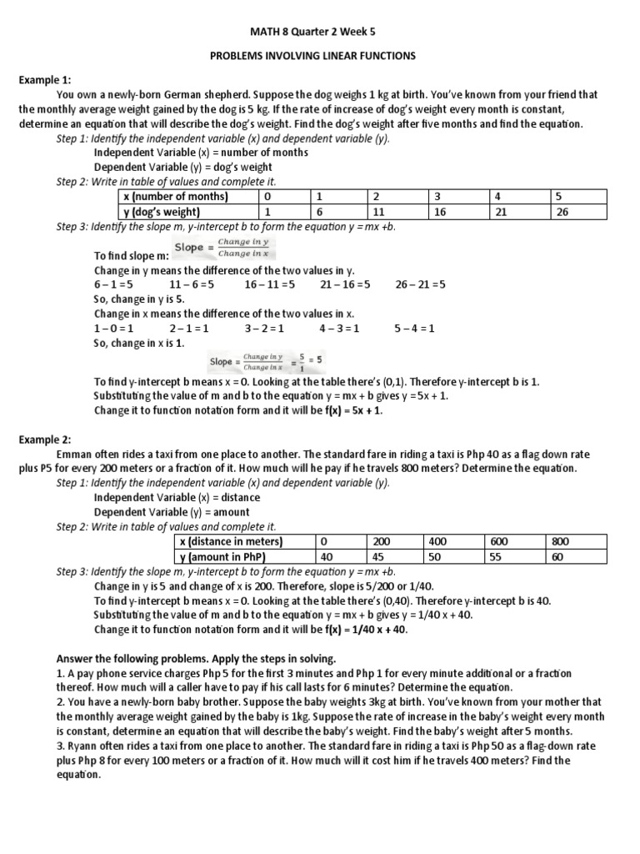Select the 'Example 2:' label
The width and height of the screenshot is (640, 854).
click(46, 440)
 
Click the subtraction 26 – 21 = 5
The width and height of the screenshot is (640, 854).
click(420, 284)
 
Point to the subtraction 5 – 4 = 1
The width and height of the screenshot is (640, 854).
click(415, 328)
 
